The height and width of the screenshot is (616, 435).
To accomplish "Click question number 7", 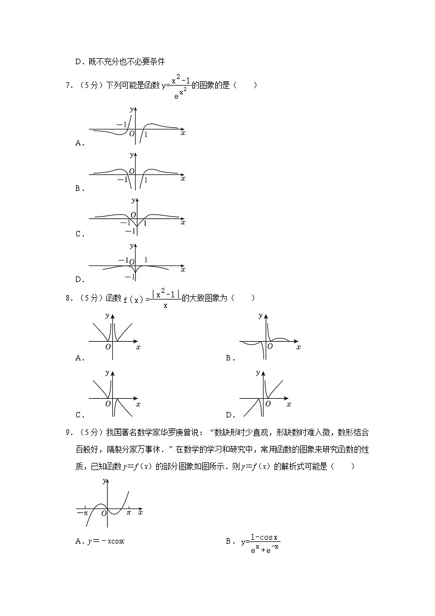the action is (67, 85).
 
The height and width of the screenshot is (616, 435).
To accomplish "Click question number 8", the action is (67, 298).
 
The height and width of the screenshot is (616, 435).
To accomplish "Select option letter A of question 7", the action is (78, 143).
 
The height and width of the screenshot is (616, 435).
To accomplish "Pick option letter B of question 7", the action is (78, 189).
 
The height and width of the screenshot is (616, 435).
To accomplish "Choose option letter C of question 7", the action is (78, 234).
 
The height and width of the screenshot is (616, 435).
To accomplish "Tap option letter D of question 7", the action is (78, 280).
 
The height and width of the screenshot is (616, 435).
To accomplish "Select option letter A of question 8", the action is (78, 358).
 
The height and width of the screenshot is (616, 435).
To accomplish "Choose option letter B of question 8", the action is (229, 358).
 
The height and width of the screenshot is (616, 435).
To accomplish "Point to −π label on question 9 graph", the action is (82, 512).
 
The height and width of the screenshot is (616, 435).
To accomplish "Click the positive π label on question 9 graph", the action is (129, 512).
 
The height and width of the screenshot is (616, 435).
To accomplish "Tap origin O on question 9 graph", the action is (104, 513).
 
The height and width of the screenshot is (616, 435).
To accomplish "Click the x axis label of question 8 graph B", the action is (298, 347).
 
